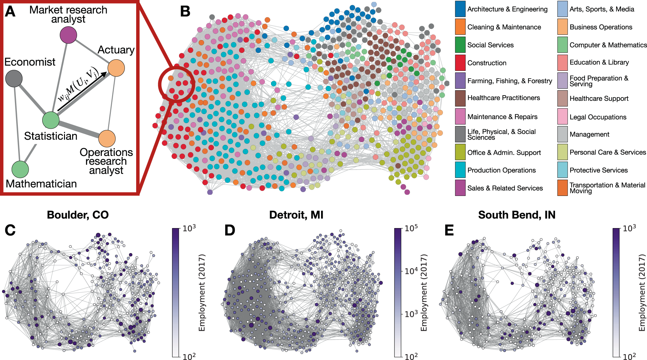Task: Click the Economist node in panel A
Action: click(14, 78)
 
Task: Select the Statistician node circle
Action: click(51, 120)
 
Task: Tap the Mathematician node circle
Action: click(20, 169)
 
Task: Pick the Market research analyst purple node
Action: click(68, 35)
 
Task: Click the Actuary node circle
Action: click(116, 68)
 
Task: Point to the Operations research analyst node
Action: click(107, 138)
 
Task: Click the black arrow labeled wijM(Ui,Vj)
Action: click(82, 92)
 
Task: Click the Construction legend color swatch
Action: click(460, 63)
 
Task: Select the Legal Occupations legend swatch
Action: click(563, 117)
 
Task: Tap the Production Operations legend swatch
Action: click(460, 170)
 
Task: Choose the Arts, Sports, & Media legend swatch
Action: click(563, 9)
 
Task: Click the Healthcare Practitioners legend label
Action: click(503, 98)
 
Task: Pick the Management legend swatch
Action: click(563, 134)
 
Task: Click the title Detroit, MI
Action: click(296, 215)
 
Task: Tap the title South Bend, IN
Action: click(517, 215)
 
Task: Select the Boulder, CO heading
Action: click(78, 215)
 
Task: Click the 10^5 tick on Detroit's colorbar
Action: click(411, 228)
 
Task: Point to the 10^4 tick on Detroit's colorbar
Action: click(411, 271)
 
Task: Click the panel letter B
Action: click(185, 12)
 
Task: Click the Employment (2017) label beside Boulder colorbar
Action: click(202, 292)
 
